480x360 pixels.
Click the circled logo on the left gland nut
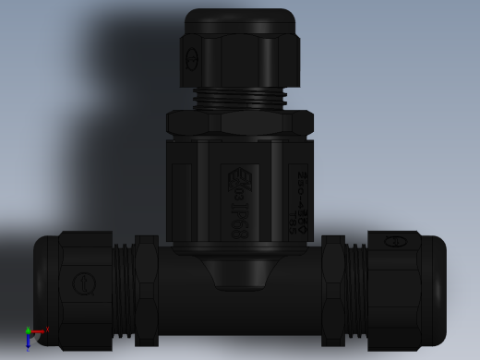(x=85, y=282)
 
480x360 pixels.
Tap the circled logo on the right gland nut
(x=395, y=242)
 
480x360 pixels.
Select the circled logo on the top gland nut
(x=192, y=60)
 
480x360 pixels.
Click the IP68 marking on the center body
(x=239, y=217)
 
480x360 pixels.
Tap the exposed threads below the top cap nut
(x=240, y=98)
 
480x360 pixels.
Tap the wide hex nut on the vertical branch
(x=240, y=123)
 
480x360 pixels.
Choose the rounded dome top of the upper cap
(x=240, y=20)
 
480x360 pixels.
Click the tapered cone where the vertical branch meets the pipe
(x=240, y=272)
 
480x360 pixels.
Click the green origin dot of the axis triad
(x=29, y=330)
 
